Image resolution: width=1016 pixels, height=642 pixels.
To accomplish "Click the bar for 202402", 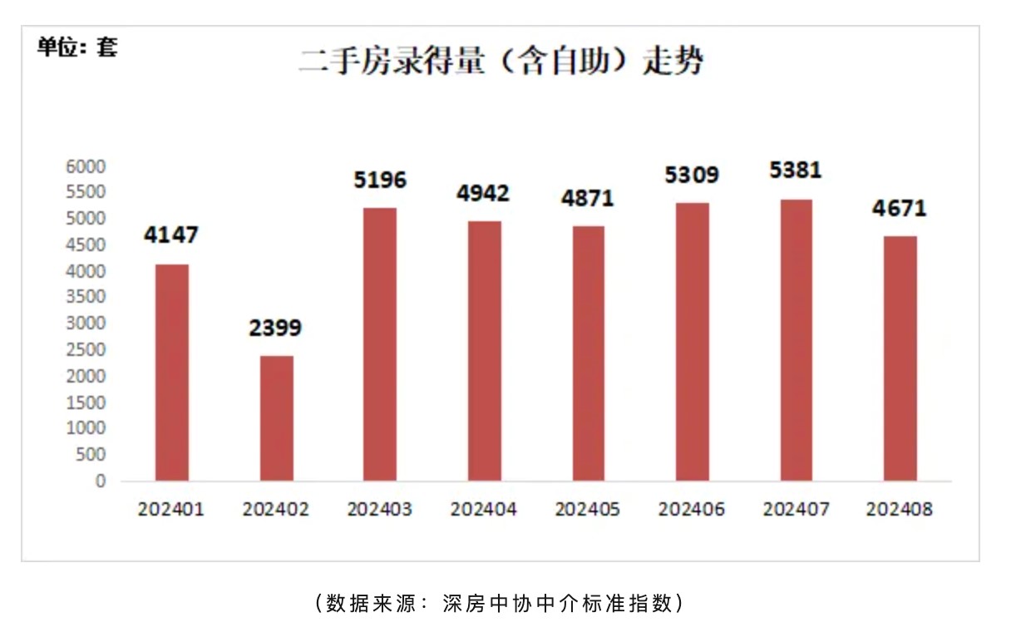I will pyautogui.click(x=276, y=418).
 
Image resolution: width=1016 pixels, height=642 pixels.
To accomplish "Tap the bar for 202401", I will pyautogui.click(x=172, y=373).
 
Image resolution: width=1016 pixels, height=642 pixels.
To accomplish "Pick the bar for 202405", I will pyautogui.click(x=588, y=353).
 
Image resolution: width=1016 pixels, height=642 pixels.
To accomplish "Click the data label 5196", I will pyautogui.click(x=380, y=180).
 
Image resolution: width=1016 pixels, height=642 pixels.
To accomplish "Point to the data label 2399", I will pyautogui.click(x=275, y=328).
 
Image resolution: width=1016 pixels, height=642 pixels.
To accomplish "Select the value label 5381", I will pyautogui.click(x=796, y=170).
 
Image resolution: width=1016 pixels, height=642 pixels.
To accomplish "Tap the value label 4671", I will pyautogui.click(x=899, y=208).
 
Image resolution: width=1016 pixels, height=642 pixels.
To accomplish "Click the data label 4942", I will pyautogui.click(x=483, y=194).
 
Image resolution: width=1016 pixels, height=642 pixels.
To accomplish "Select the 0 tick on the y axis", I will pyautogui.click(x=100, y=481).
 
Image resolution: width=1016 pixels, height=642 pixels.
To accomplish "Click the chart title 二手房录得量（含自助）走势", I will pyautogui.click(x=501, y=62).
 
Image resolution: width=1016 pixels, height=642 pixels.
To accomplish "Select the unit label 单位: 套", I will pyautogui.click(x=78, y=47).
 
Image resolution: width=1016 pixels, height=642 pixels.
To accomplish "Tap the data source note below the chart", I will pyautogui.click(x=501, y=603).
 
